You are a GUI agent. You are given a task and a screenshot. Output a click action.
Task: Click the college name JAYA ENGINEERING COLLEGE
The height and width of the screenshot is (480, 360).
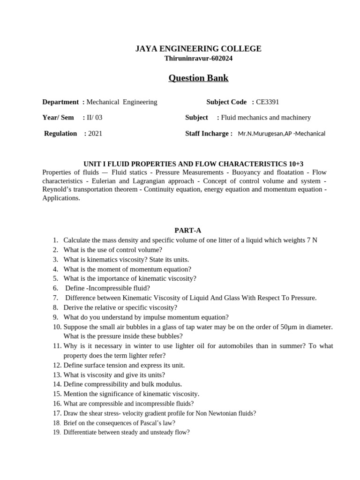tap(198, 49)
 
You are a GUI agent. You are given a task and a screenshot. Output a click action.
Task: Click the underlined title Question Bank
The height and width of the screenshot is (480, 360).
tap(198, 78)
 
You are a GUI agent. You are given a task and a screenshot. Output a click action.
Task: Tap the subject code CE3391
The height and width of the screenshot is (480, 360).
tap(268, 102)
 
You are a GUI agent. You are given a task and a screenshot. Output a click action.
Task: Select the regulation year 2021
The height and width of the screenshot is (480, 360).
tap(95, 133)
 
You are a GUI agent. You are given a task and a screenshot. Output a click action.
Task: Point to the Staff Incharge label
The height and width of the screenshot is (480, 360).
tap(209, 133)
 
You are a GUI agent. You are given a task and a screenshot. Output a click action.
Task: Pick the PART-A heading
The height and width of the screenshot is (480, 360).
tap(188, 230)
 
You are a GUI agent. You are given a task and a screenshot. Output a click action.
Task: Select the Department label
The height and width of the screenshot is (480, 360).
tap(60, 102)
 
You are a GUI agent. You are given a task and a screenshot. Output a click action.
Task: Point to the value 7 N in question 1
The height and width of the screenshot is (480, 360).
tap(312, 240)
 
